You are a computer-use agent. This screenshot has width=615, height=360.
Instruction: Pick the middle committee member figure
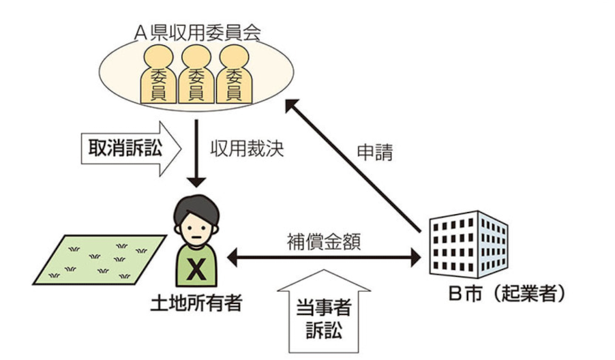(196, 78)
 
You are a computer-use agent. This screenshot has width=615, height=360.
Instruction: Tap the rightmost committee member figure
(235, 78)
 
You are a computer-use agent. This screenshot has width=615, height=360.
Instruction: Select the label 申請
(374, 153)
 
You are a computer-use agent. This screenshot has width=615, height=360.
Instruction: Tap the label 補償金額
(320, 241)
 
